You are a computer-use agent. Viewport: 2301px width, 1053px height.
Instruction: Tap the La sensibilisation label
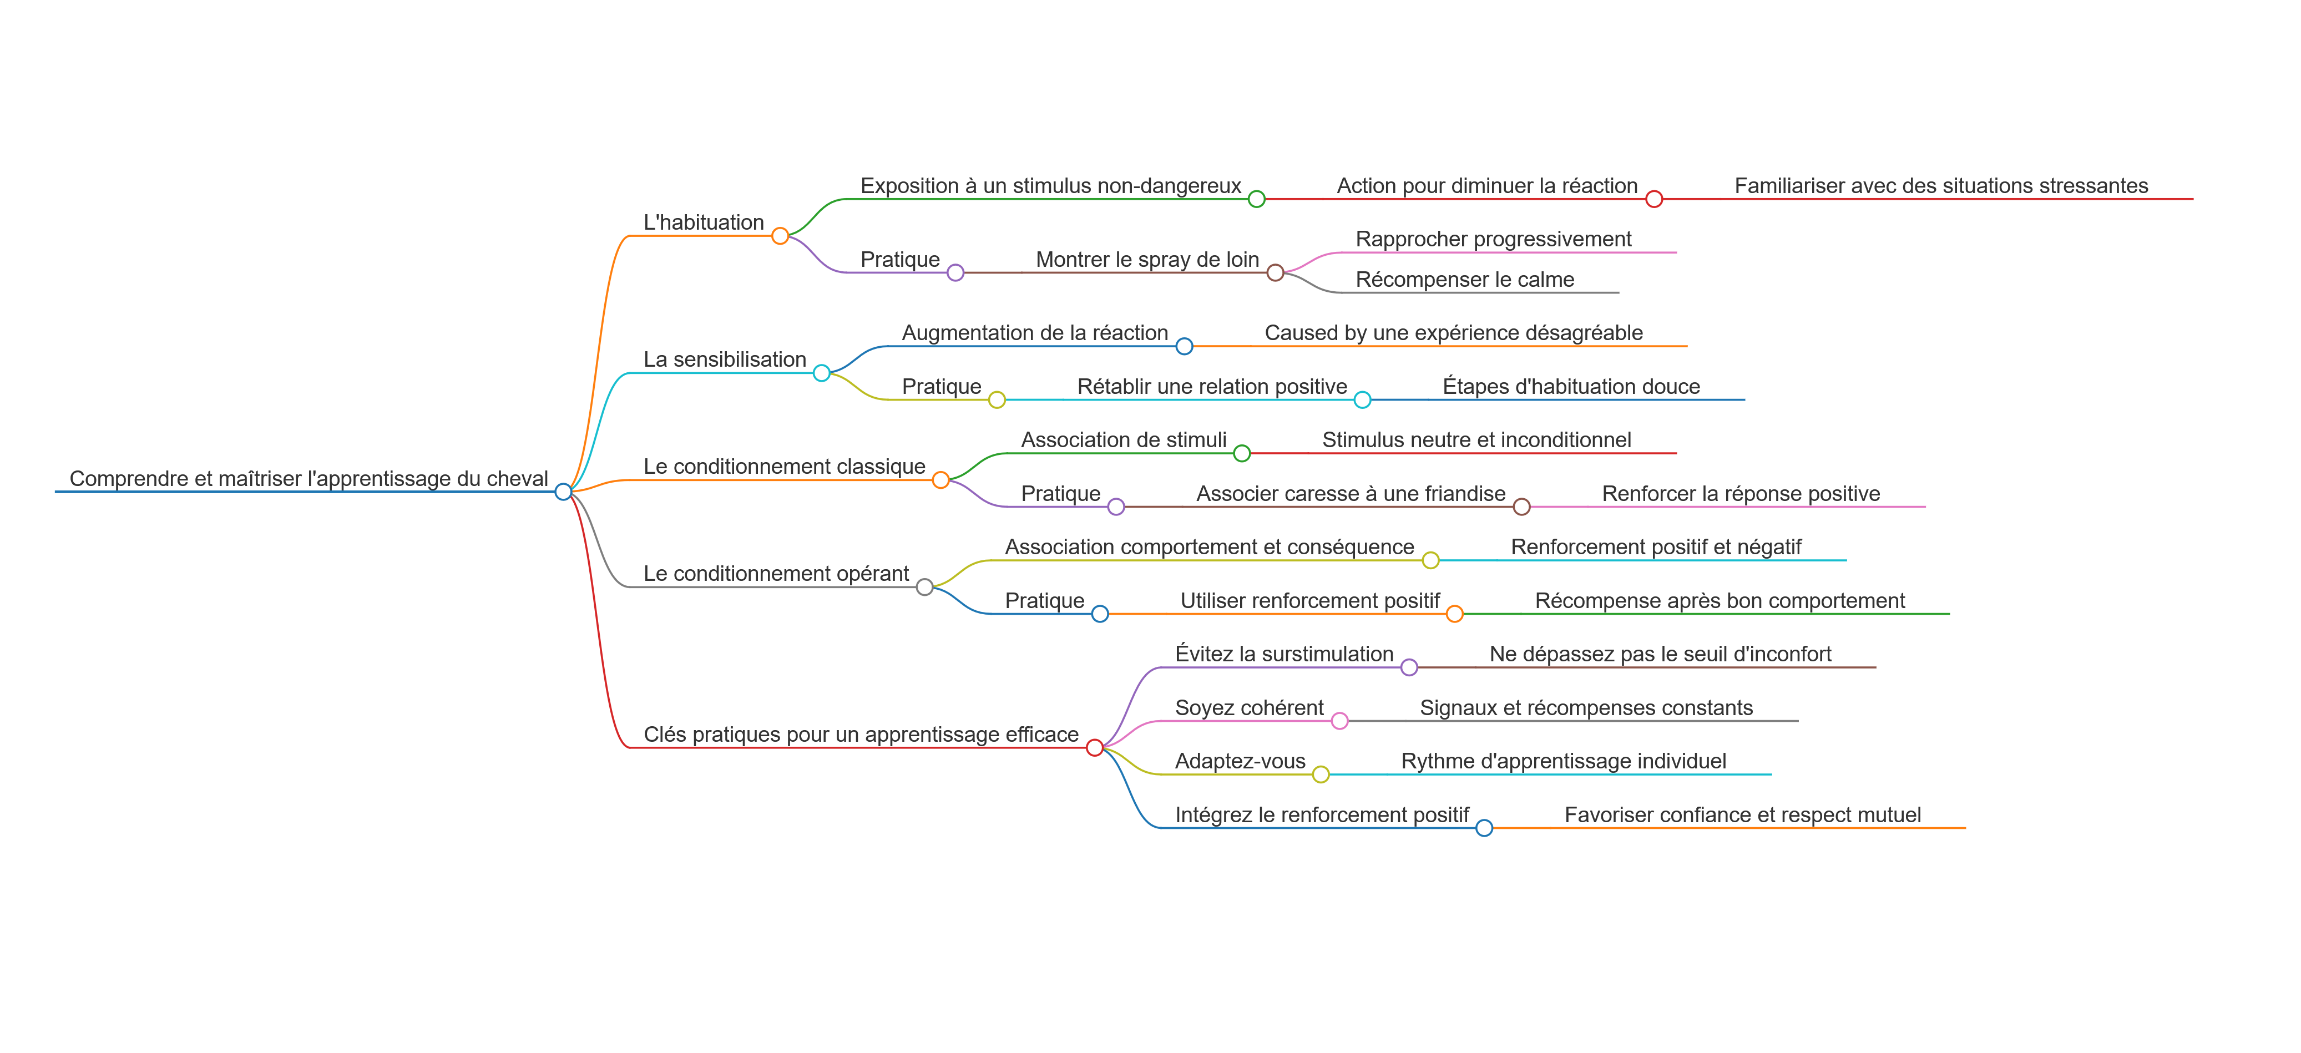[725, 359]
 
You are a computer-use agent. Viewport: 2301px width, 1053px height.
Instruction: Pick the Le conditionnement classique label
[783, 466]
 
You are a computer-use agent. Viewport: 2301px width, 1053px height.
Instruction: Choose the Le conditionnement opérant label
[775, 574]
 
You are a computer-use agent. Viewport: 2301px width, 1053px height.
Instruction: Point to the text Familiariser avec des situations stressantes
[1940, 186]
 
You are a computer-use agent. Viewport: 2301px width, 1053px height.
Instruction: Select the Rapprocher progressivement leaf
[1493, 239]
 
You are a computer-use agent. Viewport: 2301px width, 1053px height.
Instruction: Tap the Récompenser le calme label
[1464, 280]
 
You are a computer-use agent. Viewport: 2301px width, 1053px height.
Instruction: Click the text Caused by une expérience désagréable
[1453, 333]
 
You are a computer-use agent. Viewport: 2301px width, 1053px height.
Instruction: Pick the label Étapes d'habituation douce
[1570, 387]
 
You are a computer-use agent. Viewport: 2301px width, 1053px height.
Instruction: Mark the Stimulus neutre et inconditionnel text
[1475, 441]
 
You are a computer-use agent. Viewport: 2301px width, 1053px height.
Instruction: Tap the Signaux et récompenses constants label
[1586, 708]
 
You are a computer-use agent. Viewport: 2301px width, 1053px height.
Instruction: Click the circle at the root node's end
[563, 491]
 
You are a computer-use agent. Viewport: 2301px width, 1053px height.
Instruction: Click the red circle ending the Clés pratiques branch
[1094, 747]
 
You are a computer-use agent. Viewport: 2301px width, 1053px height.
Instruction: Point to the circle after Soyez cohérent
[1339, 721]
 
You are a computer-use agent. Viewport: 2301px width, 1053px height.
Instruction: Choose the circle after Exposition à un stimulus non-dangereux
[1256, 199]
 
